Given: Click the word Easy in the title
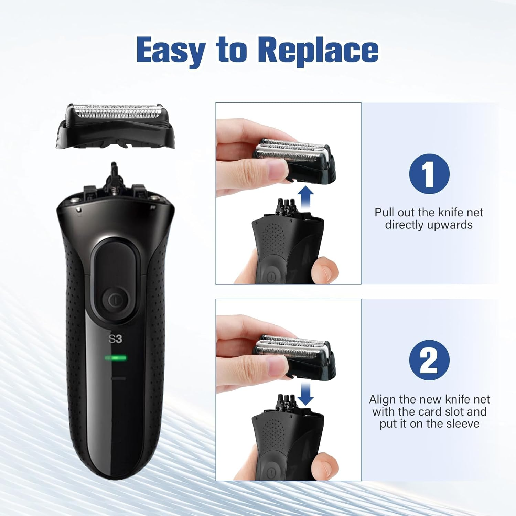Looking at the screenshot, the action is (171, 51).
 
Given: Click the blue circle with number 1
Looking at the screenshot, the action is (429, 174).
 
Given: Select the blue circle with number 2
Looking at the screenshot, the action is (429, 360).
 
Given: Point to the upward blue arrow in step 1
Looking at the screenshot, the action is (305, 197).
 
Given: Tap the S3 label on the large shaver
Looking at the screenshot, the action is (115, 339).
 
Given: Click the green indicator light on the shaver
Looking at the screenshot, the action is (116, 358).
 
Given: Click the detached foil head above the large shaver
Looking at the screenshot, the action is (115, 126).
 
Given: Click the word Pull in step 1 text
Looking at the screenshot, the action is (383, 212).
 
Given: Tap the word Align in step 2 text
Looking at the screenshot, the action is (383, 399).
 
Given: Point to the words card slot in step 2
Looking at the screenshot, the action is (434, 411).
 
